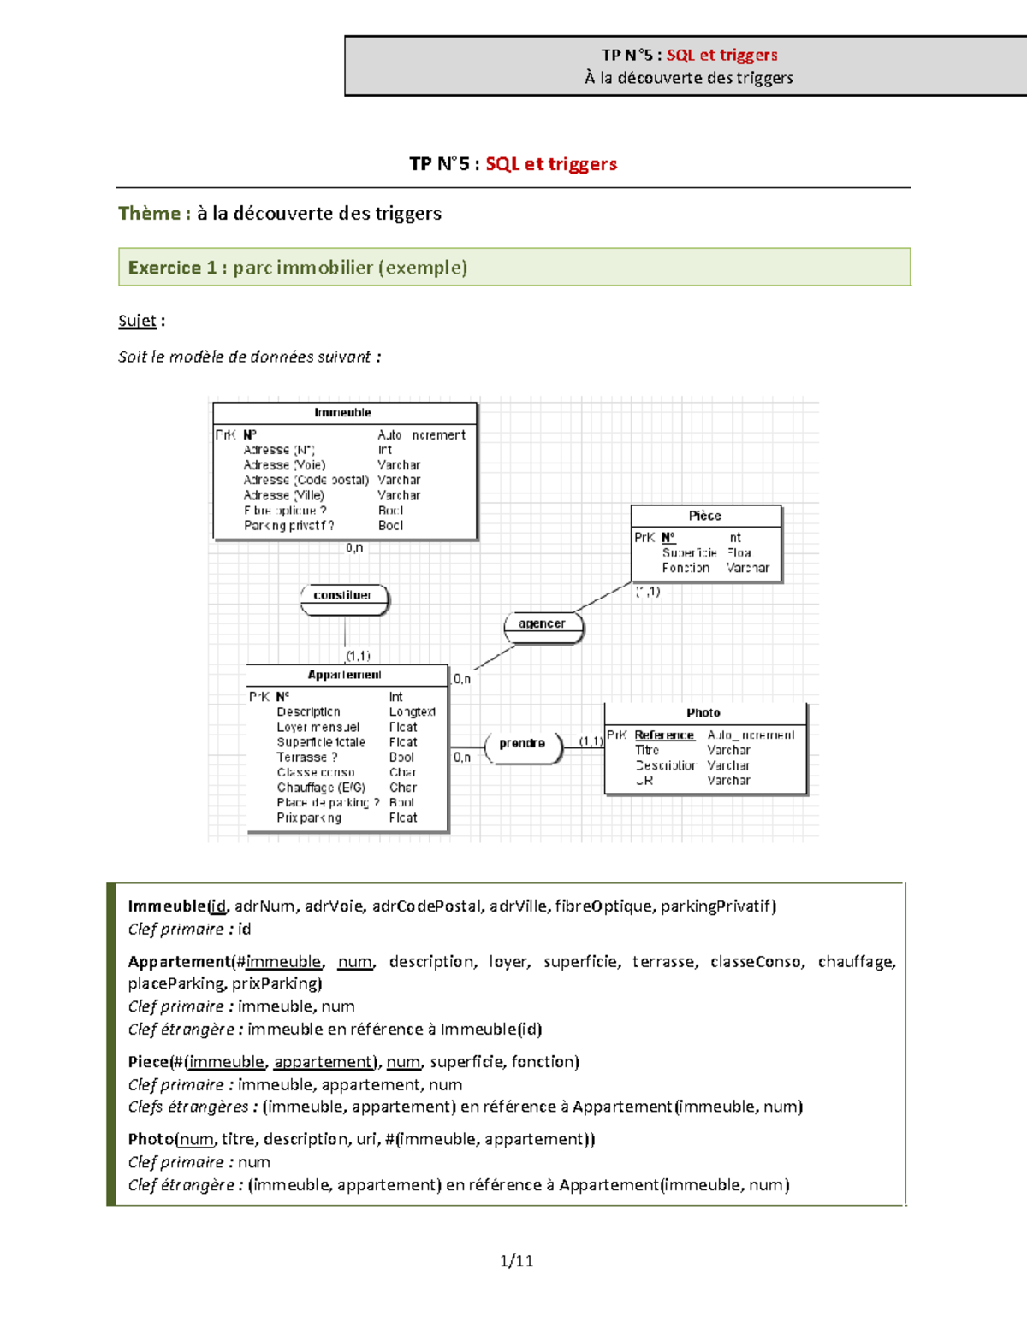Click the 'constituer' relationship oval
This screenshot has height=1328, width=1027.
coord(344,596)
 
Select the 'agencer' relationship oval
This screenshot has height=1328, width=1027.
coord(543,624)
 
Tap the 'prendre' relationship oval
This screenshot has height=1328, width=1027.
coord(522,744)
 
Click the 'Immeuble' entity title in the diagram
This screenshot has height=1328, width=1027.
coord(343,413)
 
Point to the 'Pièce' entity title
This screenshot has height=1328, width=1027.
coord(705,516)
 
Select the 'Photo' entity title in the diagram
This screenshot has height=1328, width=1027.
coord(703,713)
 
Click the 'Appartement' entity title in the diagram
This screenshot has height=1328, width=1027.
coord(345,675)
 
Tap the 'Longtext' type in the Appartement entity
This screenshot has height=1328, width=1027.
coord(412,711)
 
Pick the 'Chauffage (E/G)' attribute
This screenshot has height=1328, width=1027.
coord(321,788)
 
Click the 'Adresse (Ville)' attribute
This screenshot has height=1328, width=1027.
coord(284,495)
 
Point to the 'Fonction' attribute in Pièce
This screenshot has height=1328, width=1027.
coord(686,568)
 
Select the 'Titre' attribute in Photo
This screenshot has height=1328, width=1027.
coord(647,750)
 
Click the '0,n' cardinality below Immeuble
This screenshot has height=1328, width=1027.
coord(354,548)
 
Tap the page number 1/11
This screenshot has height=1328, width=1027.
coord(517,1260)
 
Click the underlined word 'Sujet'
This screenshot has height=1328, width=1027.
coord(137,321)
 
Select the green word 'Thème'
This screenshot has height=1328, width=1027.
coord(149,214)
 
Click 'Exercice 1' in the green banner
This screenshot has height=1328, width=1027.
coord(172,268)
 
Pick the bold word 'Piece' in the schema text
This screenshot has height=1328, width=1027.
coord(149,1062)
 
